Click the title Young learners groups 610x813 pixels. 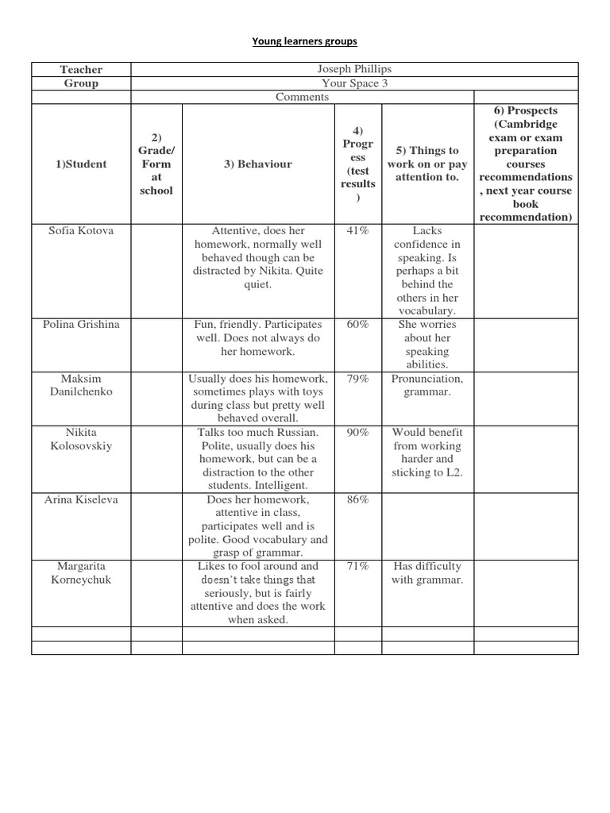point(304,41)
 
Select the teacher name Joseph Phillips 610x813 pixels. point(354,70)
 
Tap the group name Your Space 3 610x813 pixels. point(354,83)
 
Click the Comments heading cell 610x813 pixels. point(302,97)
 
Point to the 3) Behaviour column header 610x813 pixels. point(258,164)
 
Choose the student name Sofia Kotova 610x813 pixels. point(81,231)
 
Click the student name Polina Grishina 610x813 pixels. point(81,325)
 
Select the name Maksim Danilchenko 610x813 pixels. point(81,385)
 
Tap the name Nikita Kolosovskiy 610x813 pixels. point(81,439)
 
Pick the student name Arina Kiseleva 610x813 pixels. point(81,500)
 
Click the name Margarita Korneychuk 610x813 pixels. point(81,572)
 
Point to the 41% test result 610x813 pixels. point(358,231)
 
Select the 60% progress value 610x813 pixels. point(358,325)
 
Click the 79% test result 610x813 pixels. point(358,379)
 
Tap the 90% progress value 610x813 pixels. point(358,433)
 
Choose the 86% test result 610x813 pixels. point(358,500)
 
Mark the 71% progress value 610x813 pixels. point(358,566)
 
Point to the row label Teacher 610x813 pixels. point(81,70)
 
